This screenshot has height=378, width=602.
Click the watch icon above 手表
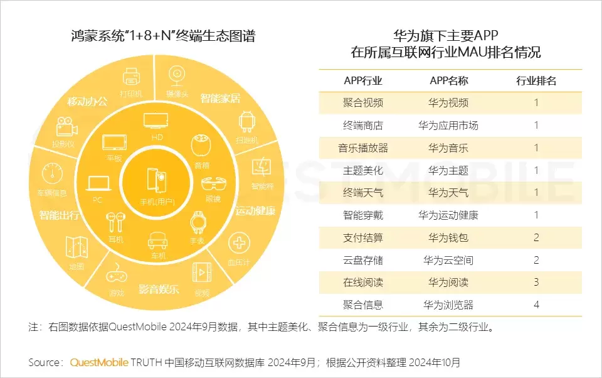(197, 223)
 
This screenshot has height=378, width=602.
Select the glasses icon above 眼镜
(212, 185)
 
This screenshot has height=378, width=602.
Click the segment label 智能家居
(220, 99)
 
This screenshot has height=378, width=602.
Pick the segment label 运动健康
(255, 211)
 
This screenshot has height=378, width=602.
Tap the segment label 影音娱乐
(159, 289)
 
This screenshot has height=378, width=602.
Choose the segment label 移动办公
(87, 102)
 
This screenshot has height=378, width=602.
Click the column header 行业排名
(536, 80)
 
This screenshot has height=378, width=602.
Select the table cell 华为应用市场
(448, 126)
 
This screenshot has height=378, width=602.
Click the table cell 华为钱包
(448, 238)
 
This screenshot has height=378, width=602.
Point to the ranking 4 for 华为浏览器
(536, 305)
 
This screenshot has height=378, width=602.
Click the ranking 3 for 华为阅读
(536, 283)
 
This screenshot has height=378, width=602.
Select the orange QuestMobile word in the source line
(99, 363)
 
